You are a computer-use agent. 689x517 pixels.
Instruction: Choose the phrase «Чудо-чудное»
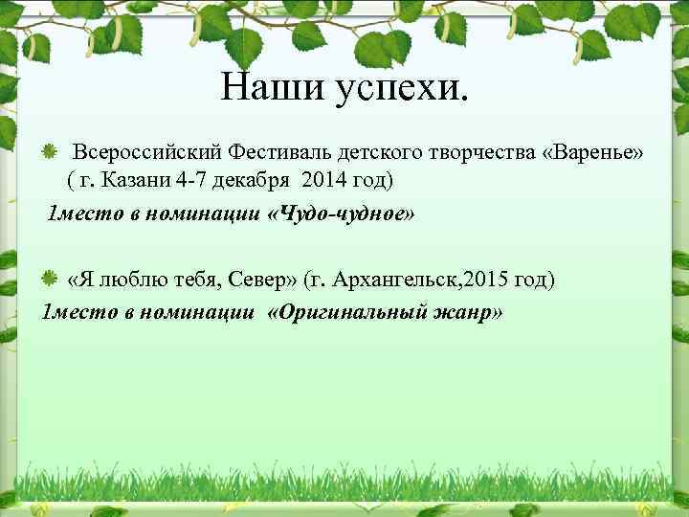tap(341, 213)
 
